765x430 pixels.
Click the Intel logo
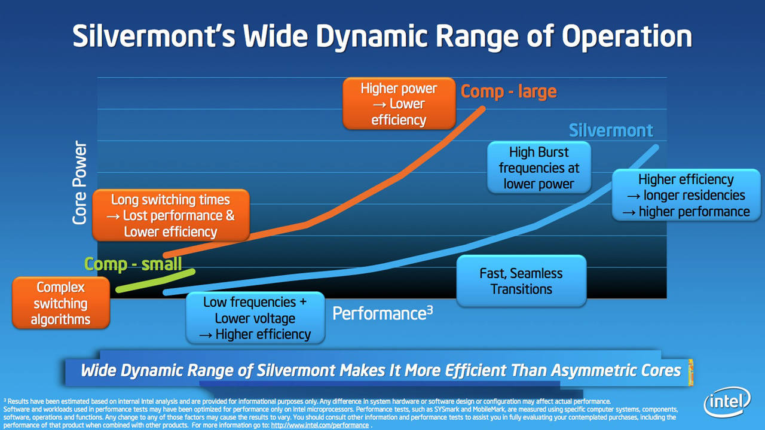point(727,402)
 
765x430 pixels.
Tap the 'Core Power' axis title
point(79,183)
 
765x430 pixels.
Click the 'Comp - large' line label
point(509,92)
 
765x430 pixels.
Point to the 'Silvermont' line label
point(611,130)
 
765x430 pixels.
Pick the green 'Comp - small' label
point(133,264)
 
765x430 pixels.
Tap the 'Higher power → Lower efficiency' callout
point(399,104)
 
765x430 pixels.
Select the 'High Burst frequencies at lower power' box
point(539,167)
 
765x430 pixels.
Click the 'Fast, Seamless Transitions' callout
point(521,281)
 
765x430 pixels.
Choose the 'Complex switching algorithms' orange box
point(61,303)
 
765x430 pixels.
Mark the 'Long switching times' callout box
point(170,215)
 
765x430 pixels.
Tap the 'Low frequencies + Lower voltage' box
point(255,318)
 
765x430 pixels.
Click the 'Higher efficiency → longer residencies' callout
point(687,195)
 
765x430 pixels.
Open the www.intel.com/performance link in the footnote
point(320,425)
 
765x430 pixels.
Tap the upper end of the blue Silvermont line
point(656,147)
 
